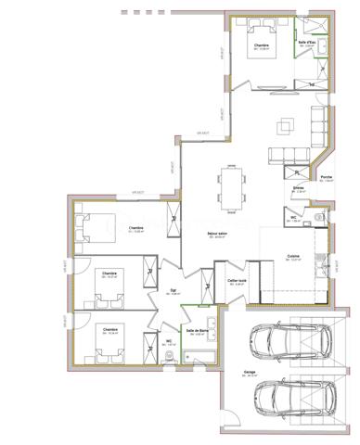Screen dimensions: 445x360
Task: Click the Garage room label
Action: (x=250, y=370)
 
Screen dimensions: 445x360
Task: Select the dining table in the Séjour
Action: (x=229, y=185)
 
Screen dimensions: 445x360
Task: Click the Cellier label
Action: (x=237, y=280)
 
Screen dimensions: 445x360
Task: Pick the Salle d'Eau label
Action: (x=307, y=42)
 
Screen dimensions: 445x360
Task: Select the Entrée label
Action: (x=298, y=187)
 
